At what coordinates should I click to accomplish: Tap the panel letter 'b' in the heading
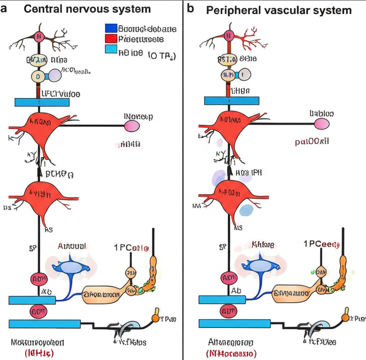[x=190, y=8]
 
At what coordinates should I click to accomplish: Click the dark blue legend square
[x=111, y=29]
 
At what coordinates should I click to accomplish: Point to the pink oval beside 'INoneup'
[x=132, y=125]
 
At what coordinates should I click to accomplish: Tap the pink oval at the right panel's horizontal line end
[x=321, y=124]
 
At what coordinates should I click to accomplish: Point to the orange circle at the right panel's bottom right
[x=345, y=317]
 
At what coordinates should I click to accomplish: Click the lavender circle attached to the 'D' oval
[x=55, y=76]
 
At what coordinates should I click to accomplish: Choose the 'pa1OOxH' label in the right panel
[x=312, y=141]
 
